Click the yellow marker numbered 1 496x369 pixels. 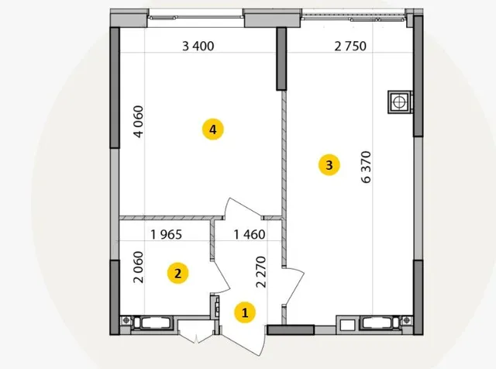coord(245,312)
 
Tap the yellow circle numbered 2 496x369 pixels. coord(177,273)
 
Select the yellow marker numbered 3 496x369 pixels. coord(329,165)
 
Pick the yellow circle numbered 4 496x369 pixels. coord(213,129)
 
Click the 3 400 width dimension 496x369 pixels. coord(198,47)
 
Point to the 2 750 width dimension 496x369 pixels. coord(350,47)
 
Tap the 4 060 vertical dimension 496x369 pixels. coord(139,122)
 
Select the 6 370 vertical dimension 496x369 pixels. coord(366,167)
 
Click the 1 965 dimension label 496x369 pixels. coord(167,235)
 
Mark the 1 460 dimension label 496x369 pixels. coord(250,235)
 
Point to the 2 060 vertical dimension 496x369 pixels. coord(139,267)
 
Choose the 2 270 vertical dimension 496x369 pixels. coord(261,272)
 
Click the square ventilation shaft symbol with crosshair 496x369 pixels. coord(400,102)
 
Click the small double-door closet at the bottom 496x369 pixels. coord(196,332)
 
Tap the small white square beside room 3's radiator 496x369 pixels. coord(347,325)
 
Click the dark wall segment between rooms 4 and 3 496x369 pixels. coord(281,59)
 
